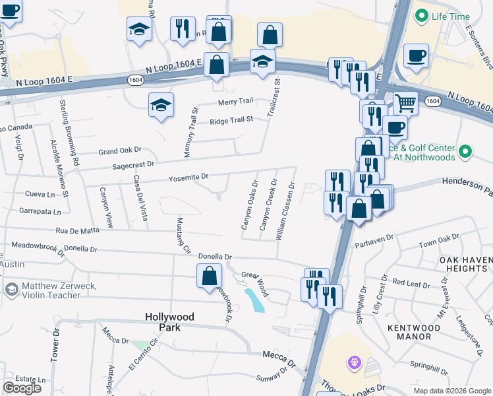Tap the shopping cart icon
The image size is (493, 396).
[x=405, y=102]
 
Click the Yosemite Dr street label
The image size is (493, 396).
[x=188, y=177]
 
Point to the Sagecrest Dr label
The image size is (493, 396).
[x=132, y=164]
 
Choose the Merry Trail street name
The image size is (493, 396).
[x=236, y=101]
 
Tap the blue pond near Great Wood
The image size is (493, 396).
[x=254, y=300]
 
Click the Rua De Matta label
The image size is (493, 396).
[x=77, y=230]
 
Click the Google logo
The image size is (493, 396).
[x=22, y=388]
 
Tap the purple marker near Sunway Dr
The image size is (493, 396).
[x=355, y=362]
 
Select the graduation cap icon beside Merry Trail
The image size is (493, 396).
[x=161, y=105]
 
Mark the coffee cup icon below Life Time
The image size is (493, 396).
[x=416, y=55]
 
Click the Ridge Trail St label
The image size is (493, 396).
[x=231, y=121]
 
